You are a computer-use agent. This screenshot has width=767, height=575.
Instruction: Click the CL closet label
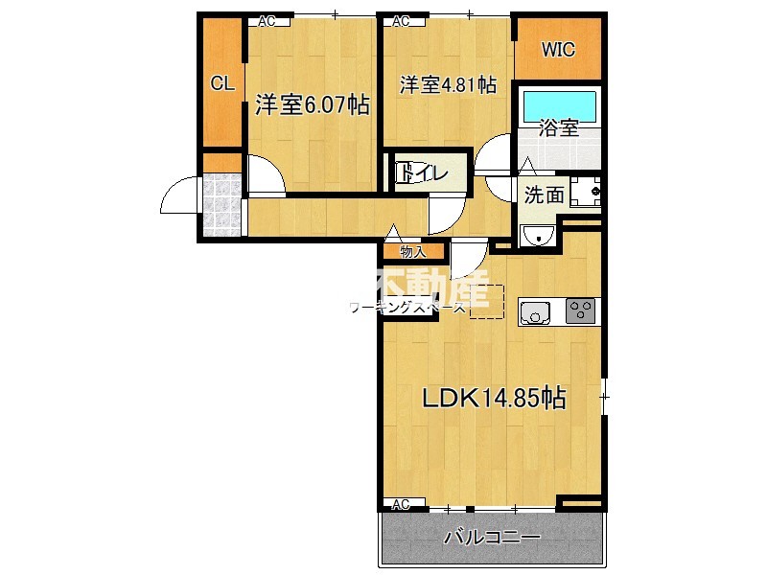pos(222,83)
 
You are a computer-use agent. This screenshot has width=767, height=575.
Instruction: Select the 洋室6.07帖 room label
pos(313,105)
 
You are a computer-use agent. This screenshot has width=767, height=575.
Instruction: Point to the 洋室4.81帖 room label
pos(448,85)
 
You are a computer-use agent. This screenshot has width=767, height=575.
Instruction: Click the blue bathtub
pos(560,103)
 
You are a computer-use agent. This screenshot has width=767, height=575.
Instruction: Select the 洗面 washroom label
pos(544,195)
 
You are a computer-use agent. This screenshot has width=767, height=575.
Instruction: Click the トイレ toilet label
pos(422,174)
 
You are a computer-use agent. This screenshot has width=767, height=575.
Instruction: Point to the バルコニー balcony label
pos(493,538)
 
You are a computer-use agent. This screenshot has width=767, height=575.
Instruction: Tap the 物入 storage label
pos(412,252)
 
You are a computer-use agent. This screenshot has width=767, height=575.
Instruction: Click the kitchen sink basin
pos(534,310)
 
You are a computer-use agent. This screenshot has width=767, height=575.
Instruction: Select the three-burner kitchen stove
pos(580,310)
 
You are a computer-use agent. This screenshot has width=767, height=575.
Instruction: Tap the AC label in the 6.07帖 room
pos(267,20)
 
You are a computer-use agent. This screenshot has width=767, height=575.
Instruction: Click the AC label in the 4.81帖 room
pos(401,20)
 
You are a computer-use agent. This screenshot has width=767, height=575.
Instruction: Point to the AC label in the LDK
pos(401,504)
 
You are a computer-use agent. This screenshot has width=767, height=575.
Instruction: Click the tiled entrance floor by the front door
pos(222,204)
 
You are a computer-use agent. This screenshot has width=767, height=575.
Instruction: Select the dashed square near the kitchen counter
pos(486,300)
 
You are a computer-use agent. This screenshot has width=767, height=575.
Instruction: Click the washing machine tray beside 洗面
pos(585,192)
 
